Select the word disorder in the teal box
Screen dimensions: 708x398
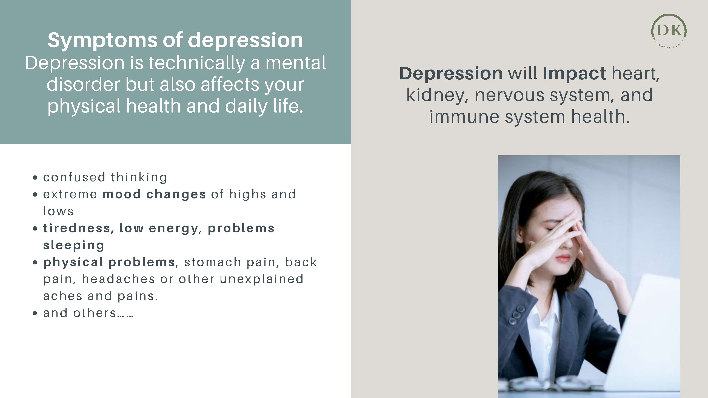(x=83, y=84)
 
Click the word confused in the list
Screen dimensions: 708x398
(x=74, y=177)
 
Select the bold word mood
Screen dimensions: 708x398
(x=122, y=194)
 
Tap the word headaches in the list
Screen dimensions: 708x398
(x=118, y=279)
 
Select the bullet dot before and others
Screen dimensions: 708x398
(x=35, y=313)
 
